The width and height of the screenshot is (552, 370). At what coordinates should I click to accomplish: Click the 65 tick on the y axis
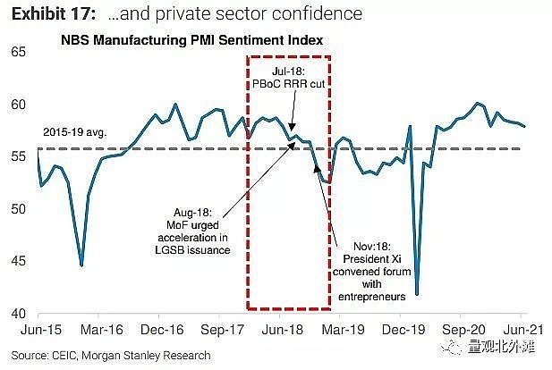coord(17,52)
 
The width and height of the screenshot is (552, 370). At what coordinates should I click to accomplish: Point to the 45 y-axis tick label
coord(17,262)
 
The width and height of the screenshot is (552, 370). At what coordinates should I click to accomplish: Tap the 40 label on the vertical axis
coord(17,315)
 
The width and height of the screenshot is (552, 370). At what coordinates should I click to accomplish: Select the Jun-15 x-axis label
coord(38,329)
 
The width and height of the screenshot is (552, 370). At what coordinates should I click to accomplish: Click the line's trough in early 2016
coord(81,265)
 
